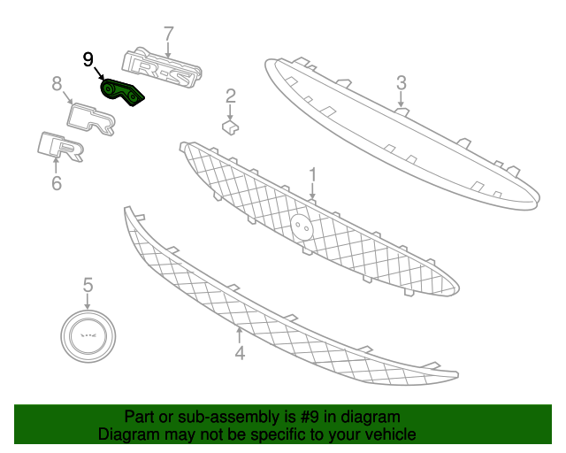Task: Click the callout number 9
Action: [x=88, y=59]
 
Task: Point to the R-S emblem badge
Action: [x=161, y=67]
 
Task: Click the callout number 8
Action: [x=57, y=83]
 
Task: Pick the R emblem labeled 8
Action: [x=91, y=119]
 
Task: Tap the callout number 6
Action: [x=57, y=183]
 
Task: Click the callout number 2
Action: [x=231, y=96]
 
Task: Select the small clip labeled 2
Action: [x=230, y=127]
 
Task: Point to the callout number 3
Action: [x=401, y=83]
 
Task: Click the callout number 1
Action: [x=312, y=175]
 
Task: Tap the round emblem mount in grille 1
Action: [x=302, y=226]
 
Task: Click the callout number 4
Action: [x=240, y=352]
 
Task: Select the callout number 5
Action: [x=88, y=285]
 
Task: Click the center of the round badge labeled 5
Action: [x=88, y=336]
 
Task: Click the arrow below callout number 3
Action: [x=401, y=99]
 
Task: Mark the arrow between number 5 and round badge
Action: [x=88, y=302]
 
